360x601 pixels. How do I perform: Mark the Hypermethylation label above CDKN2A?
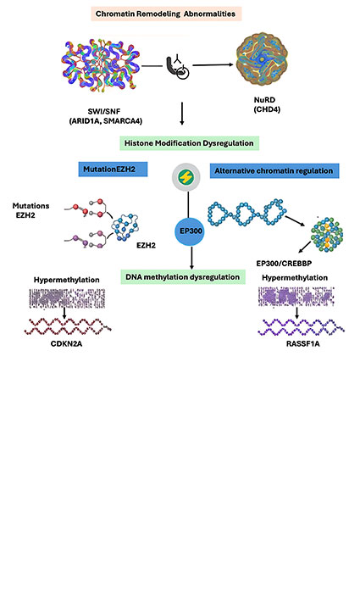(x=67, y=279)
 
